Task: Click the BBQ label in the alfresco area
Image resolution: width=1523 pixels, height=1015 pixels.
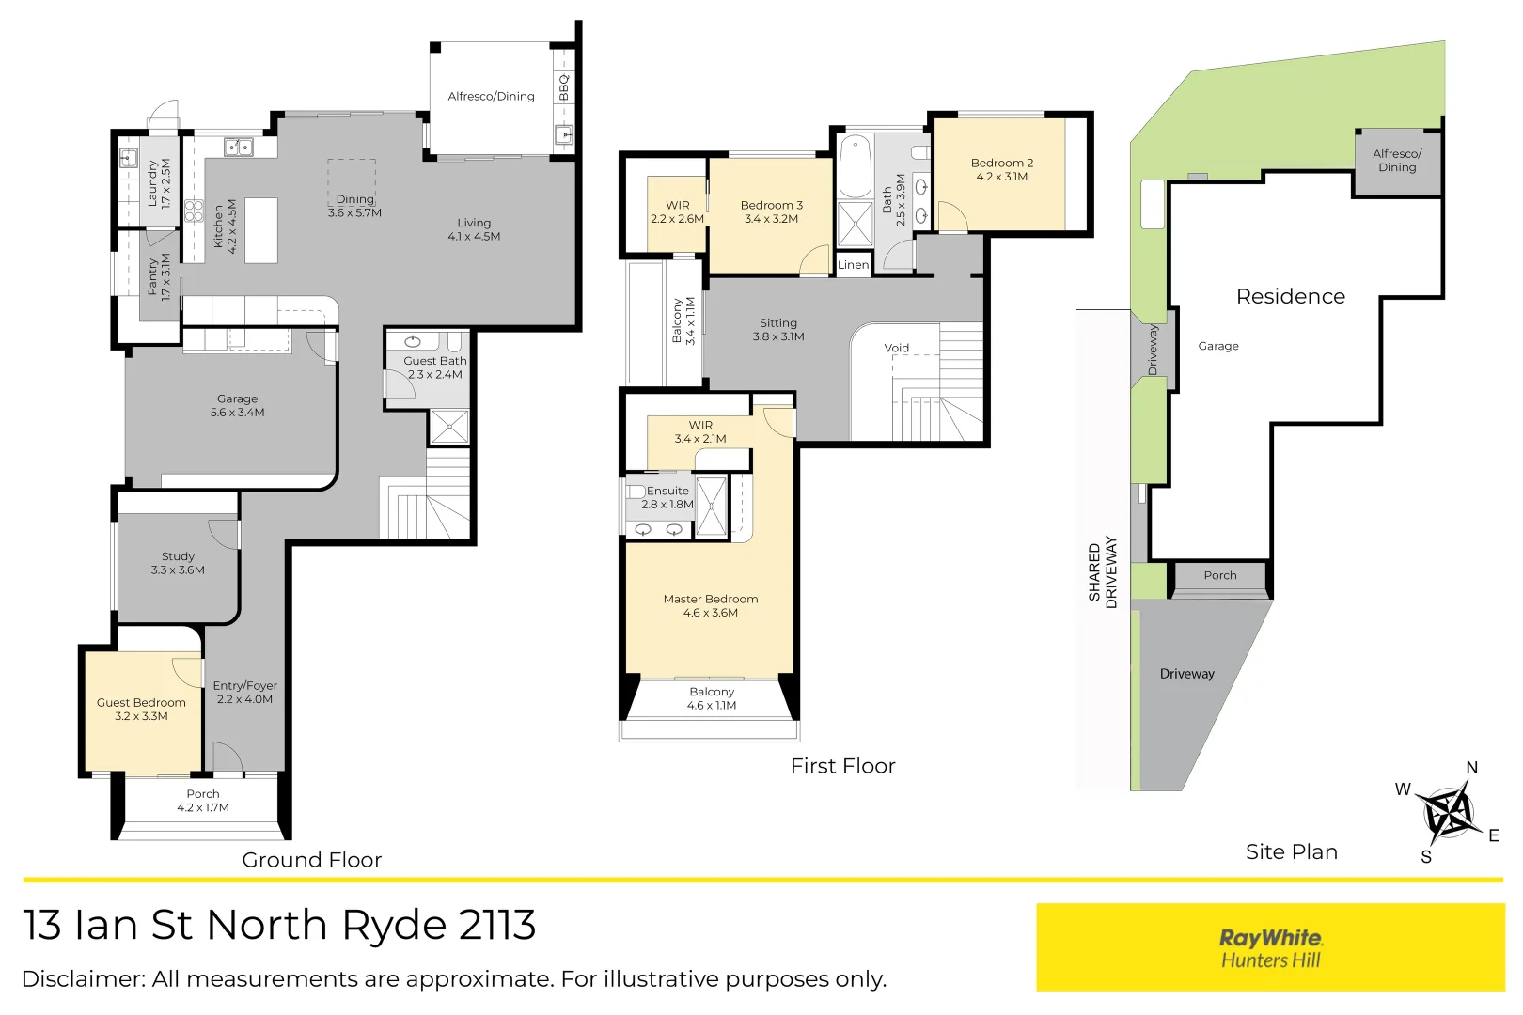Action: click(x=564, y=87)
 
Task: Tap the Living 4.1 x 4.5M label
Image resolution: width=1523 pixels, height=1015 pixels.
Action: click(x=474, y=229)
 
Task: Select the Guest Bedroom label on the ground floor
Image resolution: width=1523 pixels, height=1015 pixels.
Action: click(x=141, y=709)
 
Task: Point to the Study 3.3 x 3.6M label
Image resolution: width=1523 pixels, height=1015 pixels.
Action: click(x=178, y=563)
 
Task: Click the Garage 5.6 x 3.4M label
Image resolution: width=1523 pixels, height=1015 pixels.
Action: click(x=237, y=405)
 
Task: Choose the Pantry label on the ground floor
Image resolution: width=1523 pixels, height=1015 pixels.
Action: click(x=159, y=277)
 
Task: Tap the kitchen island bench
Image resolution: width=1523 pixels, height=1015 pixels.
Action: click(x=261, y=230)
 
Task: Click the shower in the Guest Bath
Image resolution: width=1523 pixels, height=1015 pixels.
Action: click(x=449, y=426)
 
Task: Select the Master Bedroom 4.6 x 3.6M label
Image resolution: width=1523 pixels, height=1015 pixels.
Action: click(x=711, y=605)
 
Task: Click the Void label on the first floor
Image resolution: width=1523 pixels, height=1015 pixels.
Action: click(x=896, y=348)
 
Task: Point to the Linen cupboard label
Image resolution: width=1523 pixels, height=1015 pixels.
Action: click(x=853, y=265)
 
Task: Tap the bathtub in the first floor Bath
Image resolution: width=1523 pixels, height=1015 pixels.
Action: click(x=856, y=164)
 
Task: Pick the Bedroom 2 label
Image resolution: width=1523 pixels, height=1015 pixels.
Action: click(x=1001, y=169)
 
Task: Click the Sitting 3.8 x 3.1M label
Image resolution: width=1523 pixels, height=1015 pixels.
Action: click(x=778, y=329)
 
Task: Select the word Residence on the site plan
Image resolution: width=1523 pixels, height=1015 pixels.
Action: click(x=1290, y=296)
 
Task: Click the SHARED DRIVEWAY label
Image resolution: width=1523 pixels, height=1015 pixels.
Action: click(x=1102, y=572)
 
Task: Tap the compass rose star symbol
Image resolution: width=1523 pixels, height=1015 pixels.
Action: click(x=1446, y=813)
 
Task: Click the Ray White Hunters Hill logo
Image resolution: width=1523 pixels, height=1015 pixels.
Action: click(x=1270, y=947)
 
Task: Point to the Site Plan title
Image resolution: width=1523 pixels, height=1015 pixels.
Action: click(x=1291, y=851)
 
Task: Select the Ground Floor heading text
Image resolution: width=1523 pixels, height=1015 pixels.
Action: click(x=312, y=860)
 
